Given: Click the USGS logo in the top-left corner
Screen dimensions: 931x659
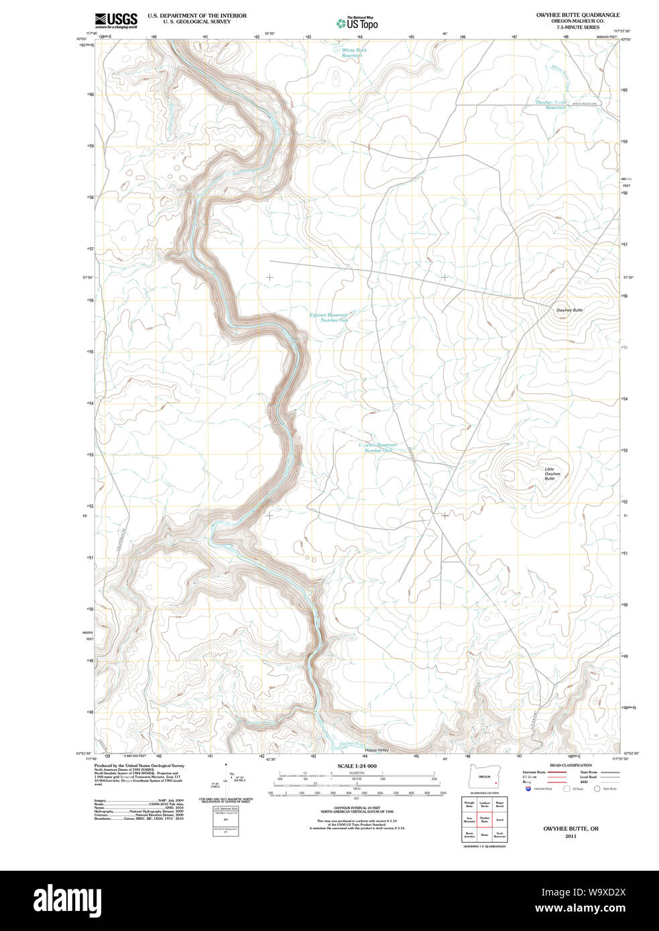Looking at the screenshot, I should coord(116,20).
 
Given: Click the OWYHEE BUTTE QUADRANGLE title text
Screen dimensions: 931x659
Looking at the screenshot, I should coord(577,15).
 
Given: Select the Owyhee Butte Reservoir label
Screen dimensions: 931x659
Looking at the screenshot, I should coord(551,104).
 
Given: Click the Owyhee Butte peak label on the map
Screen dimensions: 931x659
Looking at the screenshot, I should coord(569,310).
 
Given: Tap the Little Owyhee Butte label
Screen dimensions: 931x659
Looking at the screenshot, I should coord(550,474).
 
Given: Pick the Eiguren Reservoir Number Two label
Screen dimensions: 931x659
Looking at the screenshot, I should coord(329,317).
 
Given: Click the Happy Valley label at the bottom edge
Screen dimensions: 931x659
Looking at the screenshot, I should coord(377,750).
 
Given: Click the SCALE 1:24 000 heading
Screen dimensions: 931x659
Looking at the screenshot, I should coord(357,766).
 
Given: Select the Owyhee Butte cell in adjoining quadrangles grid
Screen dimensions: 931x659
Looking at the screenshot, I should coord(484,819).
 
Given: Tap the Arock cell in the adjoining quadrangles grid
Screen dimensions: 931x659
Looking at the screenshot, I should coord(499,819).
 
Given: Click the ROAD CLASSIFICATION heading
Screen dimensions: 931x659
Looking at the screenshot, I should coord(571,765).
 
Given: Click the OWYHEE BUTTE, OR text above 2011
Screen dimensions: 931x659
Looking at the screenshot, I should coord(571,829).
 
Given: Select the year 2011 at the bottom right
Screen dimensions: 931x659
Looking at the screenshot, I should coord(571,836).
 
